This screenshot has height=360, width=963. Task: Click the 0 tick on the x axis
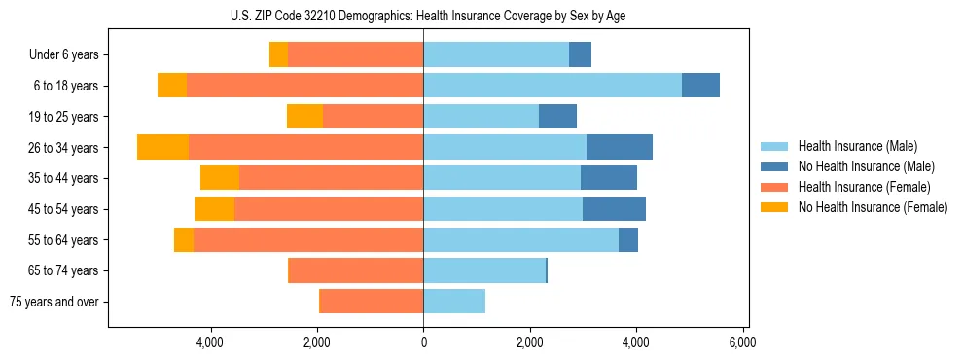tap(423, 342)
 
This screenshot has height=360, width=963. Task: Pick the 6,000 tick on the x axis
tap(742, 342)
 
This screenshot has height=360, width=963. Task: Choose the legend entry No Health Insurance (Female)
tap(873, 207)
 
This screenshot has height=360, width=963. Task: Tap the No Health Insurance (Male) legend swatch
tap(774, 166)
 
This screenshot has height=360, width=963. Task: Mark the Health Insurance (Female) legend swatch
tap(774, 187)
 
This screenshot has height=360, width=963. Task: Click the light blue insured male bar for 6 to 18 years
tap(552, 86)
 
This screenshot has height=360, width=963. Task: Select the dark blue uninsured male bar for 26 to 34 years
tap(620, 147)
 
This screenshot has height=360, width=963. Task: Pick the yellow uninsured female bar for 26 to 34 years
tap(162, 147)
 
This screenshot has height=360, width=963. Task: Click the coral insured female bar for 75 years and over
tap(371, 302)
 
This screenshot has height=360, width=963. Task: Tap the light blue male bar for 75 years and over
tap(454, 302)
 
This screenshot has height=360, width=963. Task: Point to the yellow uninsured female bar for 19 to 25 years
tap(304, 117)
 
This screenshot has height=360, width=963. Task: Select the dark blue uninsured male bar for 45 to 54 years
tap(614, 209)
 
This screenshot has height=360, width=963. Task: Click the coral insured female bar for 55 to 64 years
tap(308, 239)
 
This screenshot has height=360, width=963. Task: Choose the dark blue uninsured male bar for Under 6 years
tap(580, 54)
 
